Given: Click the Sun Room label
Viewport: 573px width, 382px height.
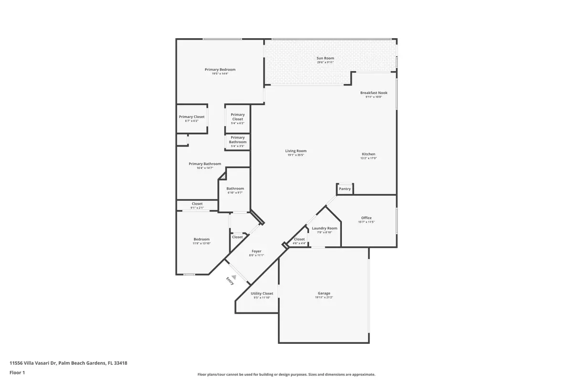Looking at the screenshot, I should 325,58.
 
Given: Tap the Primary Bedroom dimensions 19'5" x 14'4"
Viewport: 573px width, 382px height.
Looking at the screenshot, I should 220,74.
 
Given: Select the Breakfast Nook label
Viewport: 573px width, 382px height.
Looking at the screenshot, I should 374,93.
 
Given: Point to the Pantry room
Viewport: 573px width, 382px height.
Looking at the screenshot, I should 345,189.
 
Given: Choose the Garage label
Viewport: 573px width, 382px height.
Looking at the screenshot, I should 324,293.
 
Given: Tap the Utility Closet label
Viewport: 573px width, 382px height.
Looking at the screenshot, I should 262,293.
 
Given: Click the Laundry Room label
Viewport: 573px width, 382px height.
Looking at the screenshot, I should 325,228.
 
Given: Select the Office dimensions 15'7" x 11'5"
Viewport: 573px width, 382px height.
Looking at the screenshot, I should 366,222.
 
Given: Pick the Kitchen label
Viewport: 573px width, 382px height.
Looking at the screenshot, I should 368,154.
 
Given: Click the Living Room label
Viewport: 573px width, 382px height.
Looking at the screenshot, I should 296,151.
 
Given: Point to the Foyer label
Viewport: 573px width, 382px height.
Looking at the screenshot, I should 256,251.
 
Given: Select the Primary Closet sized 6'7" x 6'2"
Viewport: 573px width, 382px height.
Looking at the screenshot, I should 191,117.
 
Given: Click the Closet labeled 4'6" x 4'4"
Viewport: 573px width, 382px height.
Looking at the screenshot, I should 299,239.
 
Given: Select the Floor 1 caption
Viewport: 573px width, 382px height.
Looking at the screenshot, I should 17,372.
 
